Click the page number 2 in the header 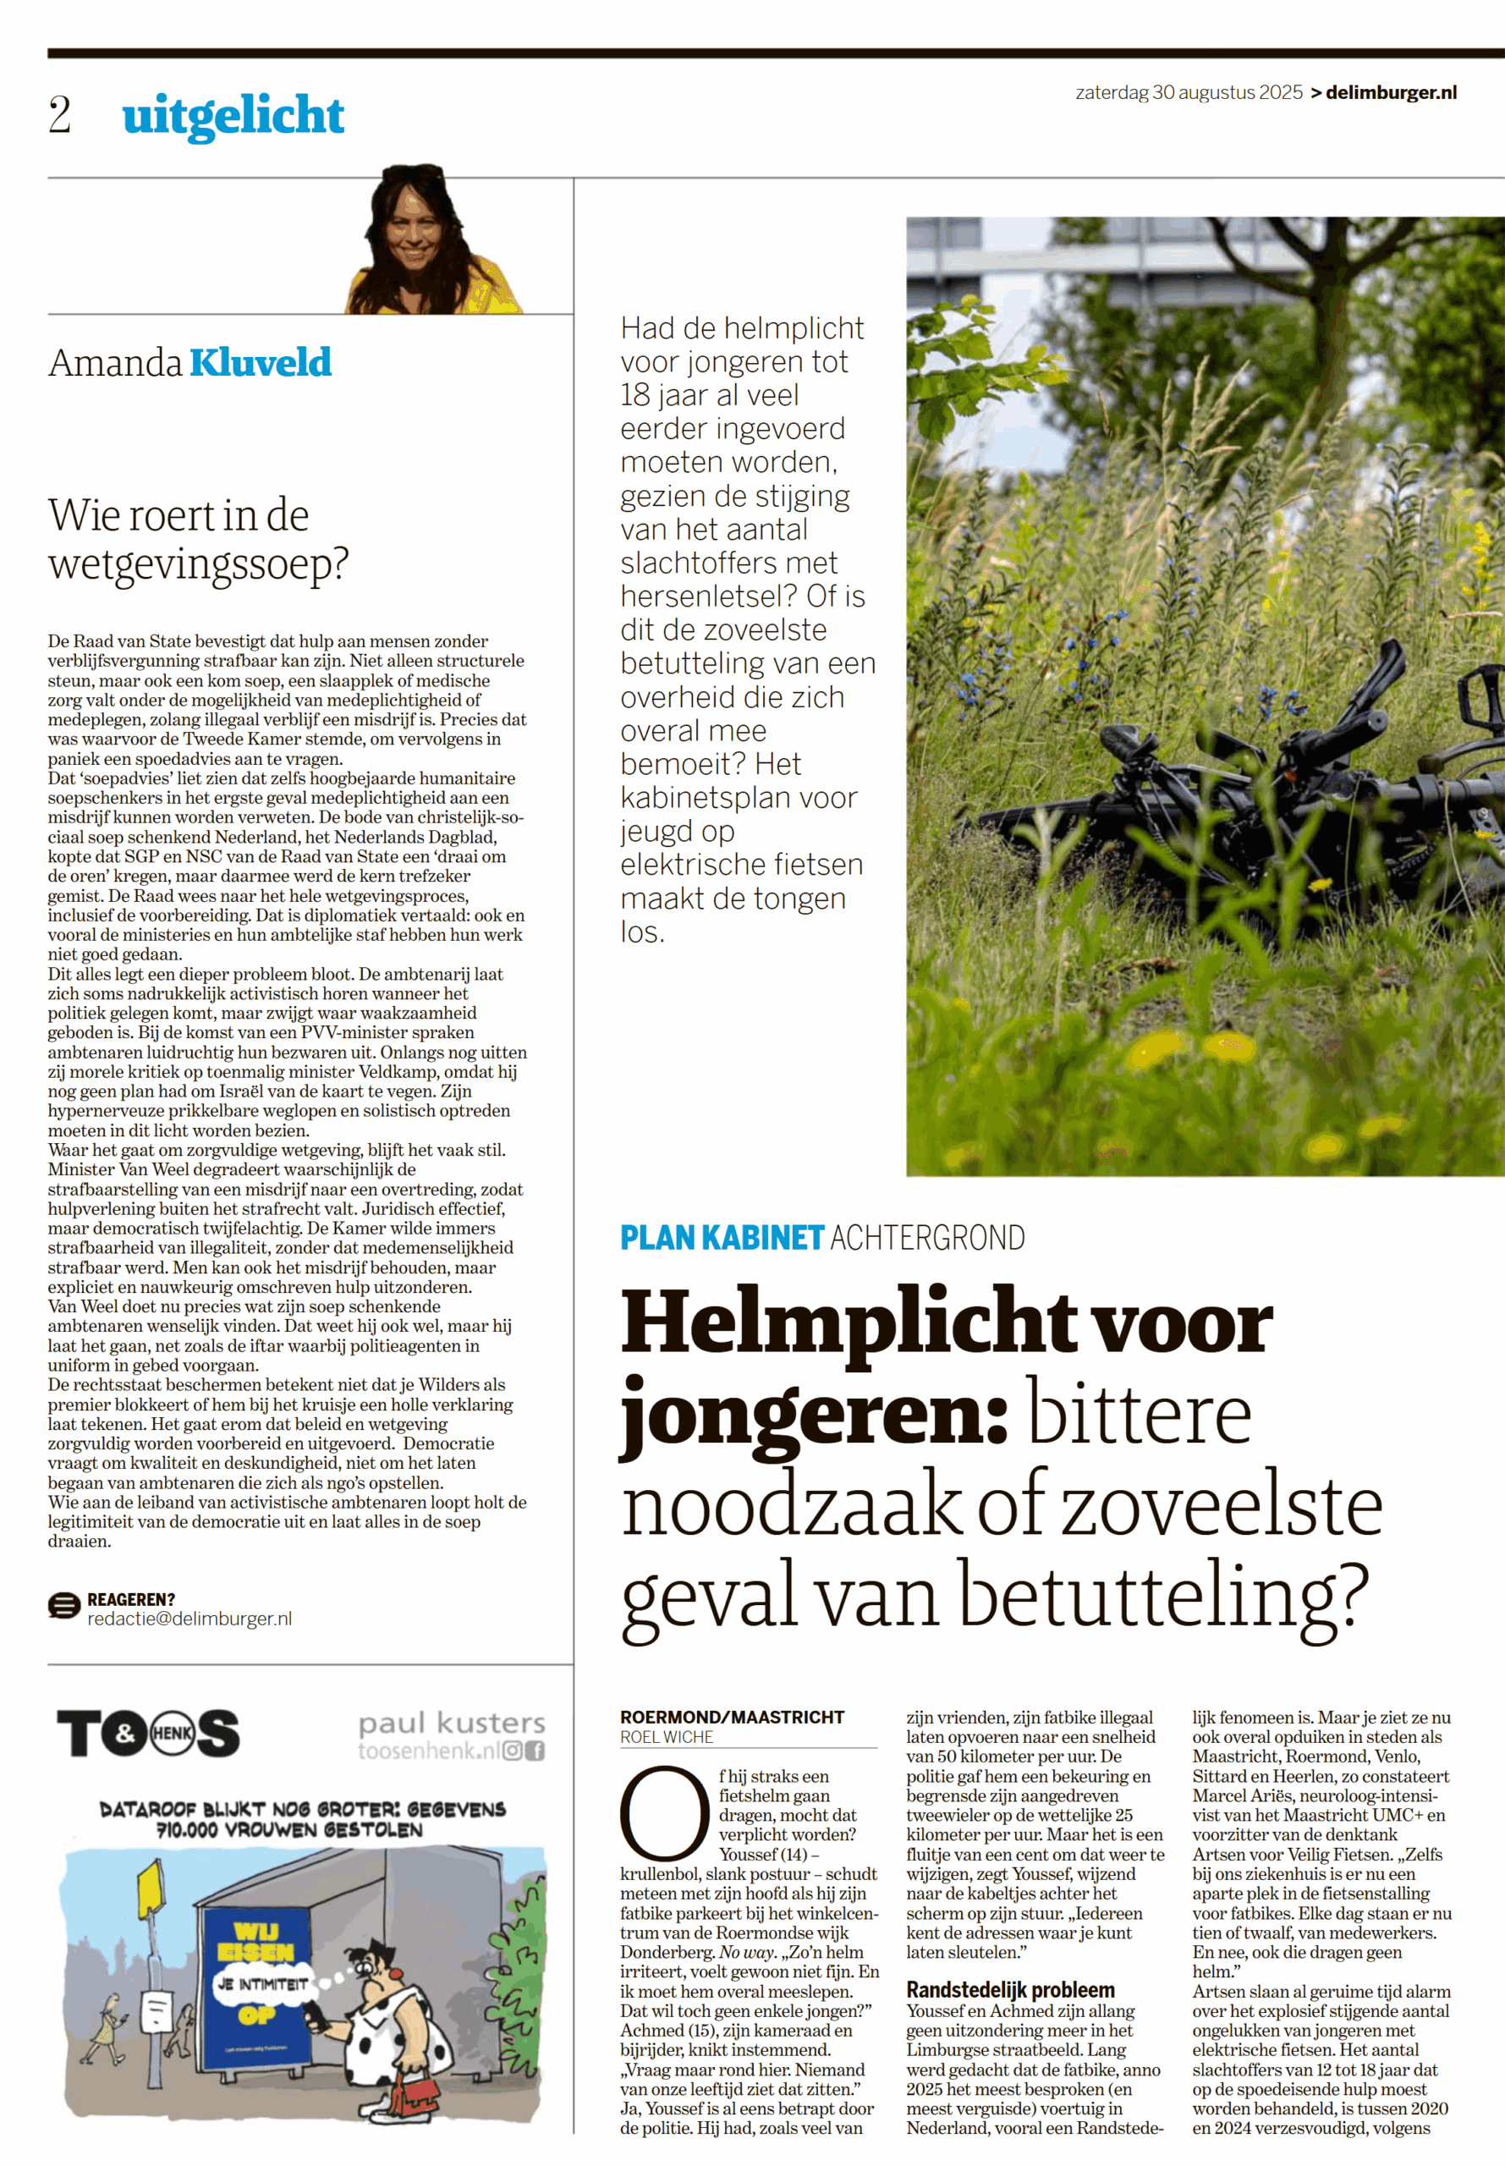59,116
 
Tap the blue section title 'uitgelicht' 233,116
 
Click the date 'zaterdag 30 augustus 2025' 1188,92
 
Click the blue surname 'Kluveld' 261,363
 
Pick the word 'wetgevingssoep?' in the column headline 198,563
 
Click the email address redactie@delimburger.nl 189,1618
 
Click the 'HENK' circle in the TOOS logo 172,1733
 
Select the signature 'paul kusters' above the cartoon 452,1723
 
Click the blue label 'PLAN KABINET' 722,1237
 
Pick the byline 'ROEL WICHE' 667,1737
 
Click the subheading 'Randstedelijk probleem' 1010,1990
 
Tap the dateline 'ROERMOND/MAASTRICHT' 732,1717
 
